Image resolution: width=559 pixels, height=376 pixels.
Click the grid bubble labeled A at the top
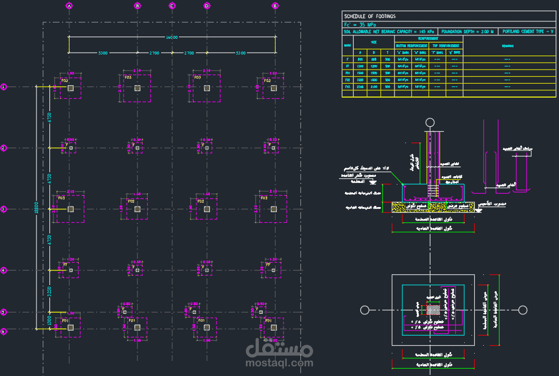tap(69, 6)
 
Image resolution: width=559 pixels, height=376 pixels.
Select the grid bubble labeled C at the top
tap(172, 6)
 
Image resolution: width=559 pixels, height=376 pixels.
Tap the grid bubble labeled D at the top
tap(207, 6)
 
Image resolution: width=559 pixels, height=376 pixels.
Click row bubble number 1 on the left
tap(3, 86)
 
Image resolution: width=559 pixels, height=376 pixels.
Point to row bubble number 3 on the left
tap(3, 209)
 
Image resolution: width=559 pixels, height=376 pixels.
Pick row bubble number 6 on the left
tap(3, 332)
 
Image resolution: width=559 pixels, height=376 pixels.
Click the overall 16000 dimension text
tap(172, 37)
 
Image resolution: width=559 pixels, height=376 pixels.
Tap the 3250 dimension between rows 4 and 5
tap(49, 292)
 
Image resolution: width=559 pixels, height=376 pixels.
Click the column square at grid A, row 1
tap(70, 88)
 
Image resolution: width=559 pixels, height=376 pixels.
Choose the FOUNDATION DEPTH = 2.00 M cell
tap(468, 32)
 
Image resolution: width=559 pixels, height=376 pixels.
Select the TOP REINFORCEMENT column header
tap(446, 45)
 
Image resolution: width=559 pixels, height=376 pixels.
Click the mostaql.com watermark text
tap(279, 363)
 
